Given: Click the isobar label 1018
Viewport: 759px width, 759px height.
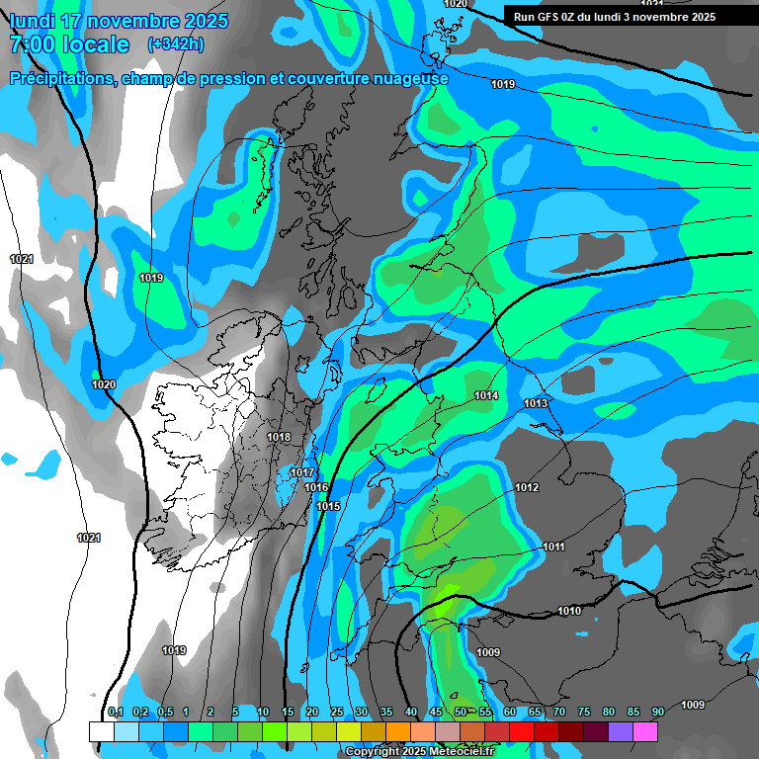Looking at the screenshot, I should click(279, 437).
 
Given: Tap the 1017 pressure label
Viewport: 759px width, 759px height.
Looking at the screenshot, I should click(302, 473).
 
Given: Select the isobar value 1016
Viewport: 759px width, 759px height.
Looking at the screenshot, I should click(316, 487).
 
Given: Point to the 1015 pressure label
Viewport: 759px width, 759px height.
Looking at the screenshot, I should click(328, 506).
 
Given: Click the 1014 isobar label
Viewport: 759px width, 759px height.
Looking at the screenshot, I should click(486, 395).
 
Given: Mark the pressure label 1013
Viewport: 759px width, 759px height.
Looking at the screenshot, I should click(536, 403).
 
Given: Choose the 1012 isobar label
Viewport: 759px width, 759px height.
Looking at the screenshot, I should click(527, 488).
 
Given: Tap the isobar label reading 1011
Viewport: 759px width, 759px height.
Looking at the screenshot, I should click(553, 547).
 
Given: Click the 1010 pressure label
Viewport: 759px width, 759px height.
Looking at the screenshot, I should click(569, 611).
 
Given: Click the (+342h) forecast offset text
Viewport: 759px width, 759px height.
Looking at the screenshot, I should click(176, 44).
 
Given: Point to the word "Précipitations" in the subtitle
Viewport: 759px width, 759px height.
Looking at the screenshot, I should click(61, 78).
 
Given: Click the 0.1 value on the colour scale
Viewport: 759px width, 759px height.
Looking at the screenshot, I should click(115, 712).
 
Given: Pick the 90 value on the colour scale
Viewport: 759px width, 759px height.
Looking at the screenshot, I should click(657, 712).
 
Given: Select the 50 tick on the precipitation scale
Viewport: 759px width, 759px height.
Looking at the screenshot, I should click(461, 712).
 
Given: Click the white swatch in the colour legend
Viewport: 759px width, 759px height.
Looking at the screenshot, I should click(101, 731).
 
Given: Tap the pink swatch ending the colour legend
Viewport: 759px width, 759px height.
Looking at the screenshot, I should click(645, 731).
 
